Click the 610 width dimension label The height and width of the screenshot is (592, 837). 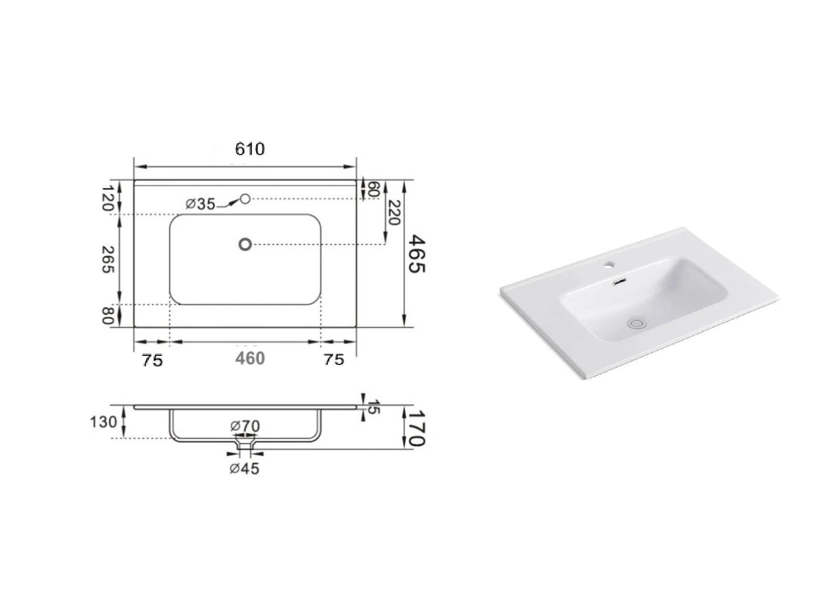tap(250, 149)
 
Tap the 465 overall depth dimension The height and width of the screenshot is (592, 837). tap(417, 253)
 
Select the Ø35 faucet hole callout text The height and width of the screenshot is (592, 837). tap(200, 204)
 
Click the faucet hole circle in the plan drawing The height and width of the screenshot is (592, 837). tap(245, 198)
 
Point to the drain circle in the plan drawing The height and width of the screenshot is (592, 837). tap(245, 244)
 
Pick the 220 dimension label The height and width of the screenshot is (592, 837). tap(395, 212)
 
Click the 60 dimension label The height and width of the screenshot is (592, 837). tap(374, 189)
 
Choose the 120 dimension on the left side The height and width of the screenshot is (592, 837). tap(108, 199)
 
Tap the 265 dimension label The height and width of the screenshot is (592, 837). tap(108, 260)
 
